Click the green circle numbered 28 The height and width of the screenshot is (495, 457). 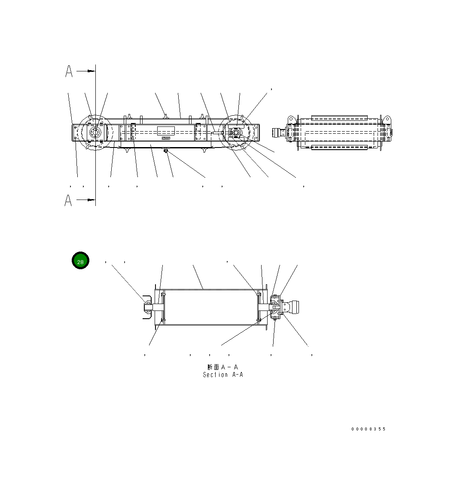[x=80, y=261]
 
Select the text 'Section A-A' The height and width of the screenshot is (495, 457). [x=223, y=375]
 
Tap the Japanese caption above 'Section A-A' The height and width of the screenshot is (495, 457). [x=222, y=367]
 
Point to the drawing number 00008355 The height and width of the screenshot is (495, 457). [x=369, y=429]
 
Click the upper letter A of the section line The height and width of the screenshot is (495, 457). [x=69, y=71]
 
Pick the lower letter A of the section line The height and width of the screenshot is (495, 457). [x=68, y=200]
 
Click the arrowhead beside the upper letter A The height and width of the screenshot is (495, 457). [x=91, y=71]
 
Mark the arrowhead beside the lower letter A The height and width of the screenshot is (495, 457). [x=91, y=200]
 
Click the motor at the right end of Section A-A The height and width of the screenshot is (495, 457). [x=293, y=307]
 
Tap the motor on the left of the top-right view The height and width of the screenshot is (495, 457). [x=279, y=133]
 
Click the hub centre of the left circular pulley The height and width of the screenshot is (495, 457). [x=94, y=133]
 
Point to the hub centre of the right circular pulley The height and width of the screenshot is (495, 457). [x=236, y=133]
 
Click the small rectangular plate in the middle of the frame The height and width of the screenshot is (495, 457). [x=166, y=131]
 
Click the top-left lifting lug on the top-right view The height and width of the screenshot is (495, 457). [x=291, y=118]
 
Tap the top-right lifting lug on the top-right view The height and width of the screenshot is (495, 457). [x=386, y=118]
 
